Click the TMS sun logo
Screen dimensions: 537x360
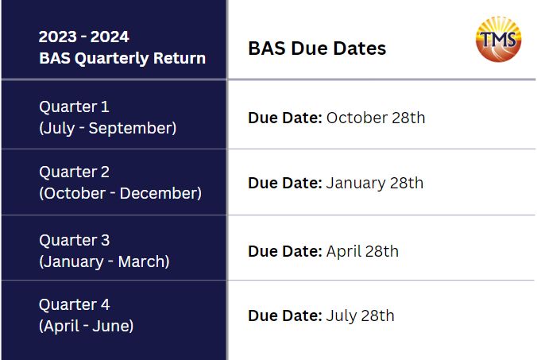498,39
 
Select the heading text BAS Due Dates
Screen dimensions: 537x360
317,48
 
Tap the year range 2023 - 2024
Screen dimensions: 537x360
84,37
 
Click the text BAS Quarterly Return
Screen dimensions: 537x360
122,58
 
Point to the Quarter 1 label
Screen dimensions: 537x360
74,106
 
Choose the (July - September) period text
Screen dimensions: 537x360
108,128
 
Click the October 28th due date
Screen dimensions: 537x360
376,118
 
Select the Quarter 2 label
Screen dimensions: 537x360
75,172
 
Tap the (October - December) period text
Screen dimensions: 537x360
120,193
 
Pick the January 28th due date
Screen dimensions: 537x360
375,183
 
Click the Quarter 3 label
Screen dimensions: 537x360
75,240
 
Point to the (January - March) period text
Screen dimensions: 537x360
104,261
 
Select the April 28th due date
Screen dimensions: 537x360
362,251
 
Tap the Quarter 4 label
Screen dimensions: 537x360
75,304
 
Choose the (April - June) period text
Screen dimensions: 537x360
87,326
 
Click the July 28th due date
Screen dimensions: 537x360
361,315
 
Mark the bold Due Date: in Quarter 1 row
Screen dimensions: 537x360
285,118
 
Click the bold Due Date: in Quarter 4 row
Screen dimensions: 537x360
285,315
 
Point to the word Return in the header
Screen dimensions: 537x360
180,58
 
